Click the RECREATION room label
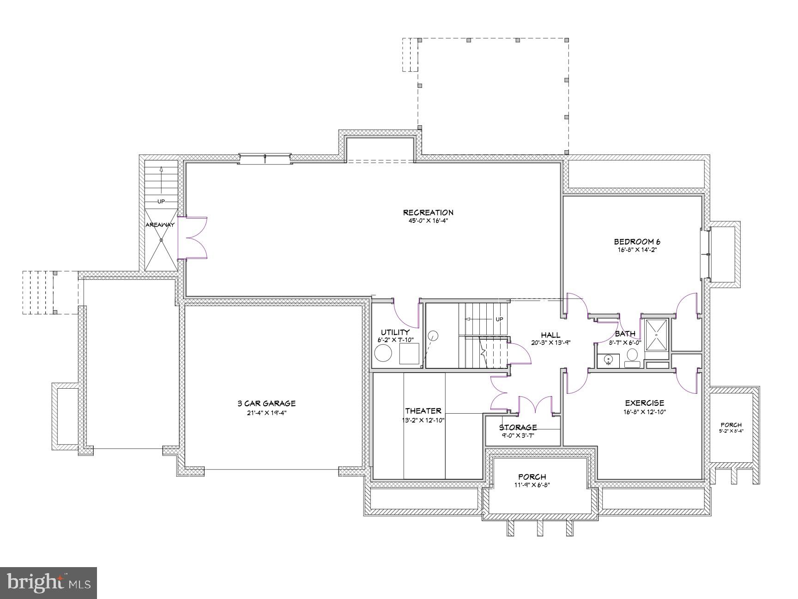[428, 213]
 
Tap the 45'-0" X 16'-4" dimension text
[428, 221]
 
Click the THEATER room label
[423, 411]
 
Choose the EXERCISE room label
[644, 403]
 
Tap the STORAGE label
[518, 428]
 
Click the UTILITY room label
[395, 332]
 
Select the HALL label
[550, 335]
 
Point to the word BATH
[625, 334]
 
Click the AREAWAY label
[160, 225]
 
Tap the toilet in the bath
[632, 356]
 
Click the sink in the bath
[608, 360]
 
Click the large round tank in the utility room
[383, 354]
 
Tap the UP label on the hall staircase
[499, 319]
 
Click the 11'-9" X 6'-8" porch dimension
[532, 485]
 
